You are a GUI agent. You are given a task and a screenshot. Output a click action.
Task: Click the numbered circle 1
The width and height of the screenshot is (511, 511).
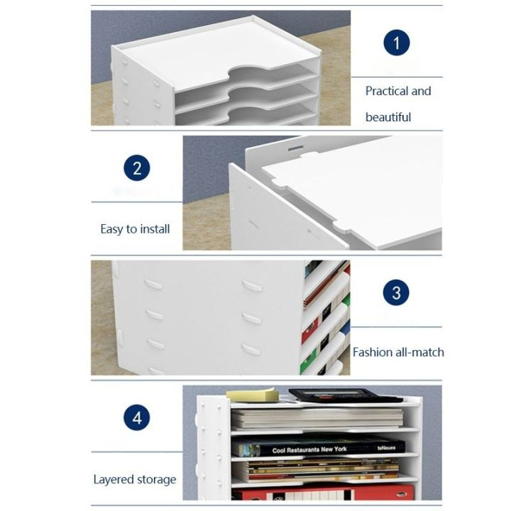[x=397, y=43]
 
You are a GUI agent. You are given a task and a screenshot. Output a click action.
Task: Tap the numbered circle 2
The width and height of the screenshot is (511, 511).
[x=137, y=169]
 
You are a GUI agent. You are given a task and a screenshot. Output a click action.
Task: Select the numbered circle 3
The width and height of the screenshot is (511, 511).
[x=397, y=292]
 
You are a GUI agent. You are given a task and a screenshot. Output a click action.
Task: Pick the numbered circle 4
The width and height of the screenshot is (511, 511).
[x=137, y=417]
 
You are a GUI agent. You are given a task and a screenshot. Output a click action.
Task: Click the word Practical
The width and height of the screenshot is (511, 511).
[x=387, y=92]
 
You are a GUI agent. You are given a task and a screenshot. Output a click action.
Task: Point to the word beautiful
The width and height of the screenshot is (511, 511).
[x=388, y=117]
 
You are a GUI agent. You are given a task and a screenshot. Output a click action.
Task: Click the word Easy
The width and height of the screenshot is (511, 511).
[x=112, y=229]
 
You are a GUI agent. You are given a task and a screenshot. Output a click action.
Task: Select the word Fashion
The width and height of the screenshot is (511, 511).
[x=372, y=352]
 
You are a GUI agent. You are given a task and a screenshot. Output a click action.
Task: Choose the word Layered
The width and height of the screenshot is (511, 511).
[x=114, y=479]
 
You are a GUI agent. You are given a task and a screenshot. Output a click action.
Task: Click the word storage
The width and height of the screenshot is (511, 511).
[x=156, y=479]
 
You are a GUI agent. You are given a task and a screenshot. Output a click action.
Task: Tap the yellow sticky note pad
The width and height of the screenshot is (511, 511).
[x=252, y=394]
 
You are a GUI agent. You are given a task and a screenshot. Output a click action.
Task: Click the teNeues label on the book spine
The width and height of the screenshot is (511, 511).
[x=387, y=449]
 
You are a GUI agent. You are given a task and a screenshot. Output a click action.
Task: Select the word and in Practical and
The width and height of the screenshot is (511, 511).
[x=421, y=92]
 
